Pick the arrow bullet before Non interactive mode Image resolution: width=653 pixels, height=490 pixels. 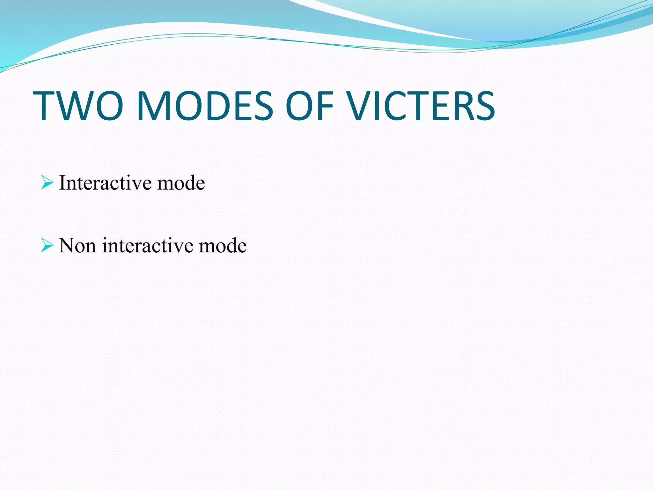[x=47, y=245]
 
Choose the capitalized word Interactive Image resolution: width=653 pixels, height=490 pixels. [x=105, y=183]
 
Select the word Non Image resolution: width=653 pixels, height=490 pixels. [x=77, y=246]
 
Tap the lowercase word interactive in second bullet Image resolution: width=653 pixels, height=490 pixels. [x=148, y=246]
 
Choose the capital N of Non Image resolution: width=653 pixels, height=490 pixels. [x=66, y=246]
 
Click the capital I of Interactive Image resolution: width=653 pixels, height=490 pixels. [x=62, y=183]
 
